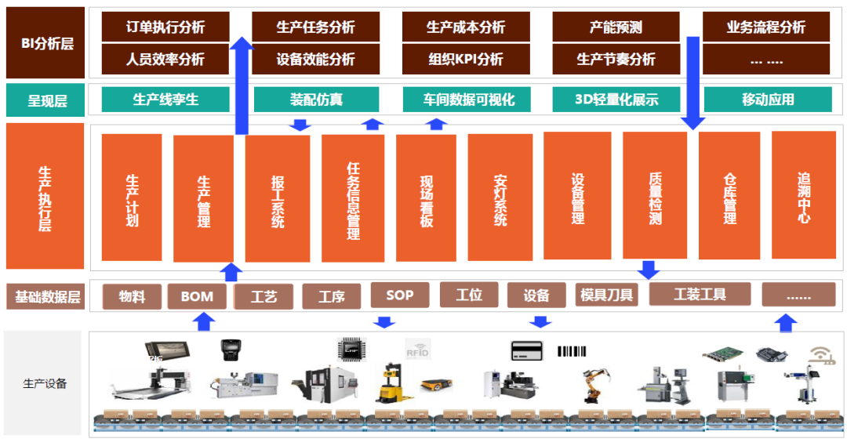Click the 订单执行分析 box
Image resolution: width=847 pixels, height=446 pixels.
(165, 27)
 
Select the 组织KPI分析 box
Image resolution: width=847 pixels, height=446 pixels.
(466, 60)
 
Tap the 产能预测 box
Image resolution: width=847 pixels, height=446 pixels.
(616, 27)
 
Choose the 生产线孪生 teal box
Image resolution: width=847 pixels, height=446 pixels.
(165, 100)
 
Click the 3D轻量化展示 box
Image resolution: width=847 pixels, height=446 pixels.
(616, 100)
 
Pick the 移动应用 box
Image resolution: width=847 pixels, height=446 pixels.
(768, 100)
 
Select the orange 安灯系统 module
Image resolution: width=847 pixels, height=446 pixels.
(500, 198)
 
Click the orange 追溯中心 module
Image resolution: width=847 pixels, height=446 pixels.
(804, 195)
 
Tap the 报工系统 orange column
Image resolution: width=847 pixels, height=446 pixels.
(278, 199)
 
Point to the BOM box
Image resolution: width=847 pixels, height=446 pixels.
(197, 296)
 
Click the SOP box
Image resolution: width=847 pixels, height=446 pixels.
(400, 295)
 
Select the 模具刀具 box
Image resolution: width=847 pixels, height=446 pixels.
(606, 295)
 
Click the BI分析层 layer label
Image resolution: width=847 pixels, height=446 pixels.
(45, 42)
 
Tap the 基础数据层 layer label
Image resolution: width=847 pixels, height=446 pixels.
(46, 297)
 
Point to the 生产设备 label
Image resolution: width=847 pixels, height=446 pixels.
(44, 384)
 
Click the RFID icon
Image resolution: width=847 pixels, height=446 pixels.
(417, 350)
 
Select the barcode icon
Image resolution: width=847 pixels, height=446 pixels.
(572, 351)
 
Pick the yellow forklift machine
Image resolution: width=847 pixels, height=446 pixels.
(391, 383)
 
